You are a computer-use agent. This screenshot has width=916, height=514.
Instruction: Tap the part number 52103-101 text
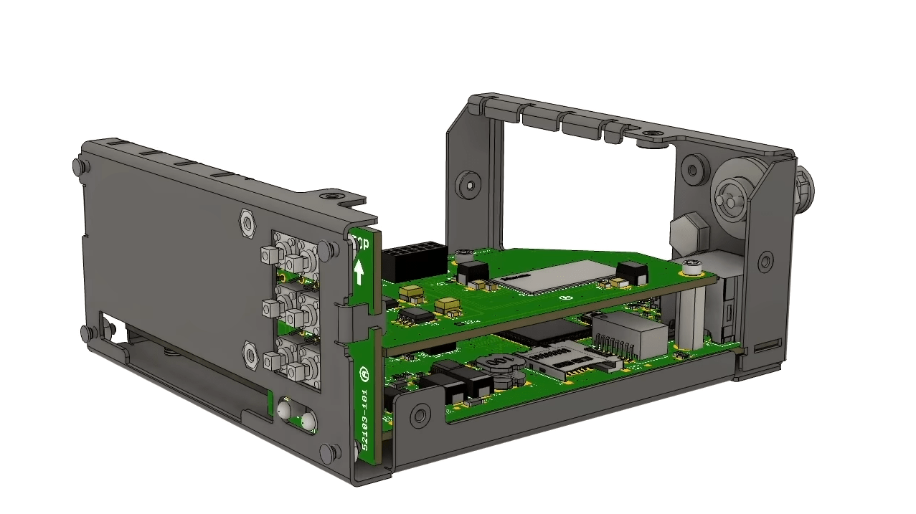(364, 419)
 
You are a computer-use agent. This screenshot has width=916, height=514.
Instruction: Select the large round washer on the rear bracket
(732, 196)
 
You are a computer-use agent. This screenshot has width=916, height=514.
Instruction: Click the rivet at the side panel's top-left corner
(77, 167)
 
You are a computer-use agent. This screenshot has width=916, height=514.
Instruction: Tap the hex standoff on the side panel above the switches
(247, 223)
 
